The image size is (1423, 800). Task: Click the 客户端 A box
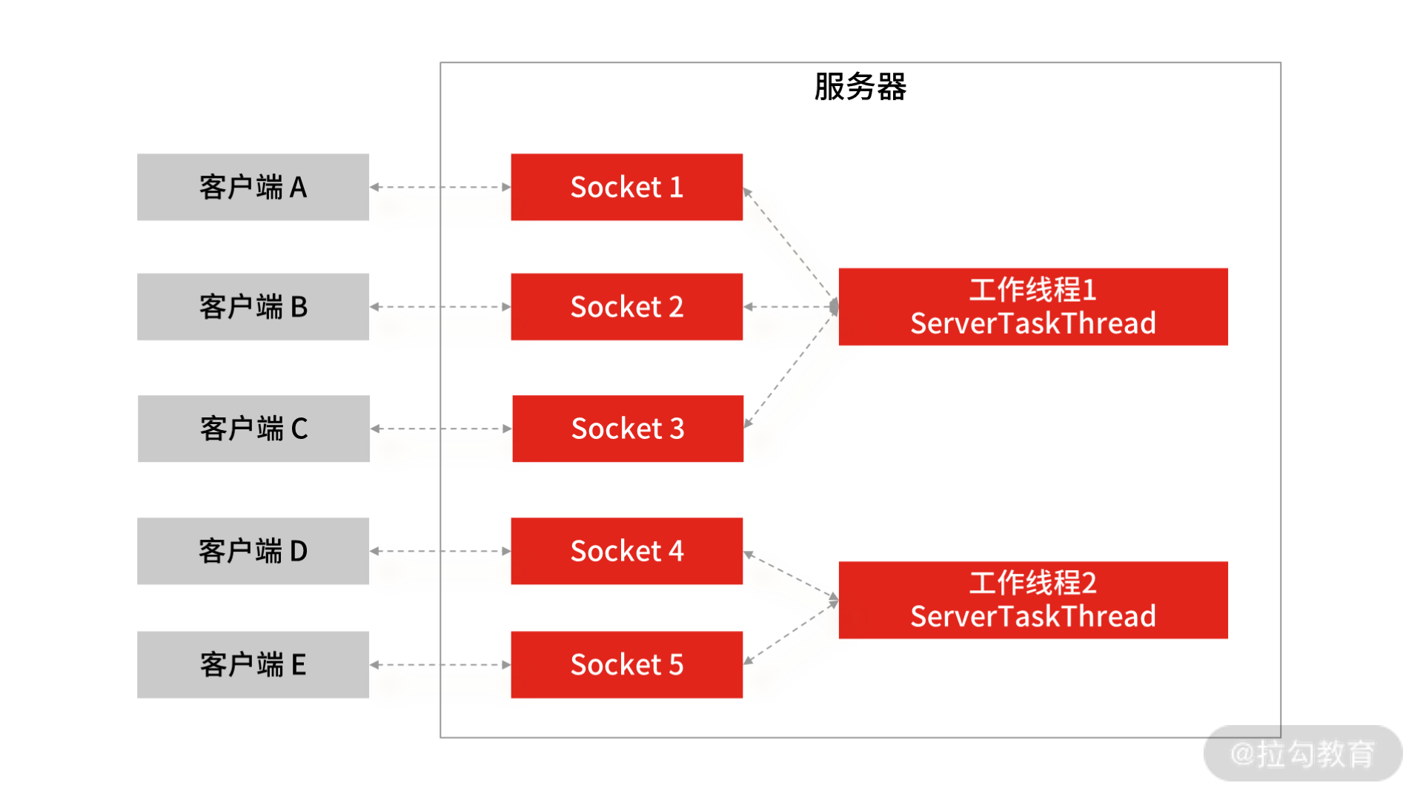253,187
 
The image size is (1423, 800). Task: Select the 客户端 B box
253,307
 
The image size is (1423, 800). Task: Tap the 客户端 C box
253,429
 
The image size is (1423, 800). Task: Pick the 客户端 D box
253,551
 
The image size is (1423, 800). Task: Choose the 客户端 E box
253,664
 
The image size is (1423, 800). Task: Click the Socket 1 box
626,187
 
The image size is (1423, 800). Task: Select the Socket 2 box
626,307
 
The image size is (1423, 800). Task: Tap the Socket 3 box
627,429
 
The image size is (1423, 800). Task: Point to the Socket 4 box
626,551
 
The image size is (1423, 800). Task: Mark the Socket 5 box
626,664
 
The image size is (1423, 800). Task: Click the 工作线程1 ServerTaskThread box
1032,307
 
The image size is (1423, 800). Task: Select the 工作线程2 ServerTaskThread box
1032,600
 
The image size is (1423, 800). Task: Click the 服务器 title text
860,87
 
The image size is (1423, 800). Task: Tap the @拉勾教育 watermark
1302,753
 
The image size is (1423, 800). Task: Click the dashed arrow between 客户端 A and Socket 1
440,187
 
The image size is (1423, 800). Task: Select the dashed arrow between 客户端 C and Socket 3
440,429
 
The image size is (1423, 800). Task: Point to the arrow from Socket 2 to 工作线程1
790,306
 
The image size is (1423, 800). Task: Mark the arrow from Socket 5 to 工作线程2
790,632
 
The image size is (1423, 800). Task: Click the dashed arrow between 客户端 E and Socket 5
440,664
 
